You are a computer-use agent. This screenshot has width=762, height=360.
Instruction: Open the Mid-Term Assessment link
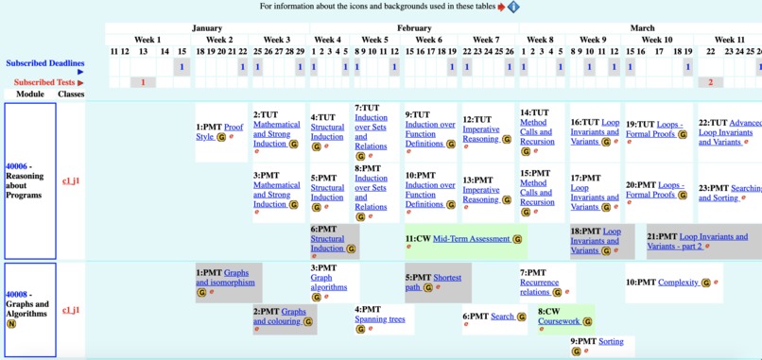pyautogui.click(x=472, y=239)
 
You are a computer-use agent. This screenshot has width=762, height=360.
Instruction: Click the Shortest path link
pyautogui.click(x=447, y=278)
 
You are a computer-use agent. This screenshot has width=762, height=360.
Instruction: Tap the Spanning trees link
pyautogui.click(x=379, y=319)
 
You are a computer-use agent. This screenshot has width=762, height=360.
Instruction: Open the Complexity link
pyautogui.click(x=678, y=283)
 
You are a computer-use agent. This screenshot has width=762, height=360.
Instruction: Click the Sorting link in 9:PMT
pyautogui.click(x=611, y=341)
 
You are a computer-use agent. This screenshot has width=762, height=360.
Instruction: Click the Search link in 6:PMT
pyautogui.click(x=502, y=317)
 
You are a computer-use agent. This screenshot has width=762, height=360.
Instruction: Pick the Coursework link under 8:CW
pyautogui.click(x=559, y=321)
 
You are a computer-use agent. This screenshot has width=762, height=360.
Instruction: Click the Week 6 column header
pyautogui.click(x=428, y=40)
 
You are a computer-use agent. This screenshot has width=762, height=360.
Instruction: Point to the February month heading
pyautogui.click(x=414, y=28)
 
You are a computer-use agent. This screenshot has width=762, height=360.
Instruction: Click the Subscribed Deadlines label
pyautogui.click(x=44, y=63)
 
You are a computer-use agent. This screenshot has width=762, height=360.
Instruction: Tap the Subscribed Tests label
pyautogui.click(x=44, y=82)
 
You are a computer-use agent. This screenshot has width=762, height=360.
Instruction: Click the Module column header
pyautogui.click(x=30, y=94)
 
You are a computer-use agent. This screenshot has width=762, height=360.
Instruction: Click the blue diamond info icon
pyautogui.click(x=513, y=7)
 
